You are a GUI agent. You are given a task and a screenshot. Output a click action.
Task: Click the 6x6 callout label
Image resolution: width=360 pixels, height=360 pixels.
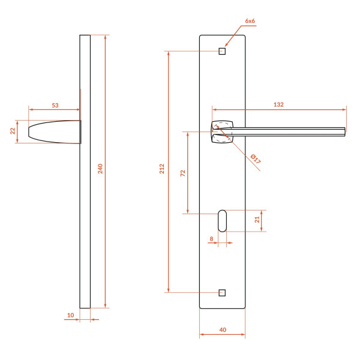point(250,21)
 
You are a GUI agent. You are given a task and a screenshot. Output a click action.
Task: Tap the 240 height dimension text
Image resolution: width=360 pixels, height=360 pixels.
point(100,169)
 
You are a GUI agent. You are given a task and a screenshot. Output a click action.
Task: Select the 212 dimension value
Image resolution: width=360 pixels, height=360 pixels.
point(162,169)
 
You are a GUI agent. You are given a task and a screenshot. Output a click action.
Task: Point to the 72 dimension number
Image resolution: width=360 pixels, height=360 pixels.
point(183,173)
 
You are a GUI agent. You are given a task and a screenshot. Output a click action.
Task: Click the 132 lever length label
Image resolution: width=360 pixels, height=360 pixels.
point(278,104)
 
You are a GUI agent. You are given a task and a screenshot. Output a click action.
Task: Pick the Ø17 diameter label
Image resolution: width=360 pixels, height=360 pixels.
point(256,159)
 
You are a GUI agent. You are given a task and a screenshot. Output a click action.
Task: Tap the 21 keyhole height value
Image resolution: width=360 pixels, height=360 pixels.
point(257,220)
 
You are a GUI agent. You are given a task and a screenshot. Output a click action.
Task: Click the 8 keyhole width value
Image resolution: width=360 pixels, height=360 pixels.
point(211,239)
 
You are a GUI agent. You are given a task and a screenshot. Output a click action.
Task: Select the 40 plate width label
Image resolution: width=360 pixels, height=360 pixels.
point(223,330)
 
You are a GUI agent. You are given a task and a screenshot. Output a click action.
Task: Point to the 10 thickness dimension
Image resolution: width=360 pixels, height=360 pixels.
point(70,315)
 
